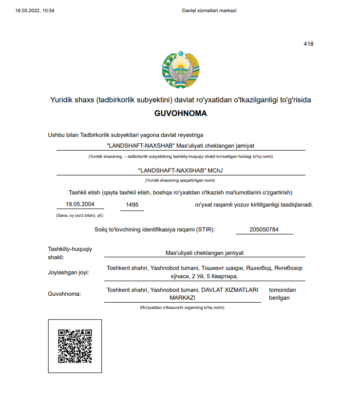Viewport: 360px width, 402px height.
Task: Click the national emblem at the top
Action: (x=180, y=70)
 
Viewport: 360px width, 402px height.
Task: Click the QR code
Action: (x=75, y=346)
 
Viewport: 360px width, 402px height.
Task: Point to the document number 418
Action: (x=308, y=44)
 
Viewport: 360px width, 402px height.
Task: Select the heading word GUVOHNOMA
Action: (x=180, y=114)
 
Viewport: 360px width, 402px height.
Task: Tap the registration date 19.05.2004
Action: (x=80, y=205)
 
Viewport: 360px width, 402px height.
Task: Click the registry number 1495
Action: (x=132, y=205)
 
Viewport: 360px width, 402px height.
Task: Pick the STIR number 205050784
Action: (x=264, y=230)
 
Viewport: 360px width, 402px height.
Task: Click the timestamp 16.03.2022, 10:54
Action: (x=35, y=10)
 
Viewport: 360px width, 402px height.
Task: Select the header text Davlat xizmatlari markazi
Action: (x=209, y=10)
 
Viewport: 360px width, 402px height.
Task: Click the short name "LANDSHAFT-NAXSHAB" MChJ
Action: (x=181, y=171)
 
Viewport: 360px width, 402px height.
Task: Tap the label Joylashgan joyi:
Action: (x=69, y=272)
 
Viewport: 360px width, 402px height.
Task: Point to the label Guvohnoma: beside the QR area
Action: (x=64, y=294)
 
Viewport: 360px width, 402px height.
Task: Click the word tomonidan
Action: (x=283, y=290)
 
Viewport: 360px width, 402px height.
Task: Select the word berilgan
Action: (x=280, y=298)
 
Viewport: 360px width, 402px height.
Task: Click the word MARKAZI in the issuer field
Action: (x=183, y=298)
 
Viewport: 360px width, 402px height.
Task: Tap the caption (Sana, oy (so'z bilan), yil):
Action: (x=80, y=215)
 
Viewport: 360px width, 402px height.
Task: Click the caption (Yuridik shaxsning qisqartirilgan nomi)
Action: (x=180, y=180)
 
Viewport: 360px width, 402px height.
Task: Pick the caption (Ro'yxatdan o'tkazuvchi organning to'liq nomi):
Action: (x=182, y=308)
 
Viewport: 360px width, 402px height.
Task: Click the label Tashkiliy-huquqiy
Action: (x=70, y=249)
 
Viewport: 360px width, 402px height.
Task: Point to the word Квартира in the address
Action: (x=224, y=276)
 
